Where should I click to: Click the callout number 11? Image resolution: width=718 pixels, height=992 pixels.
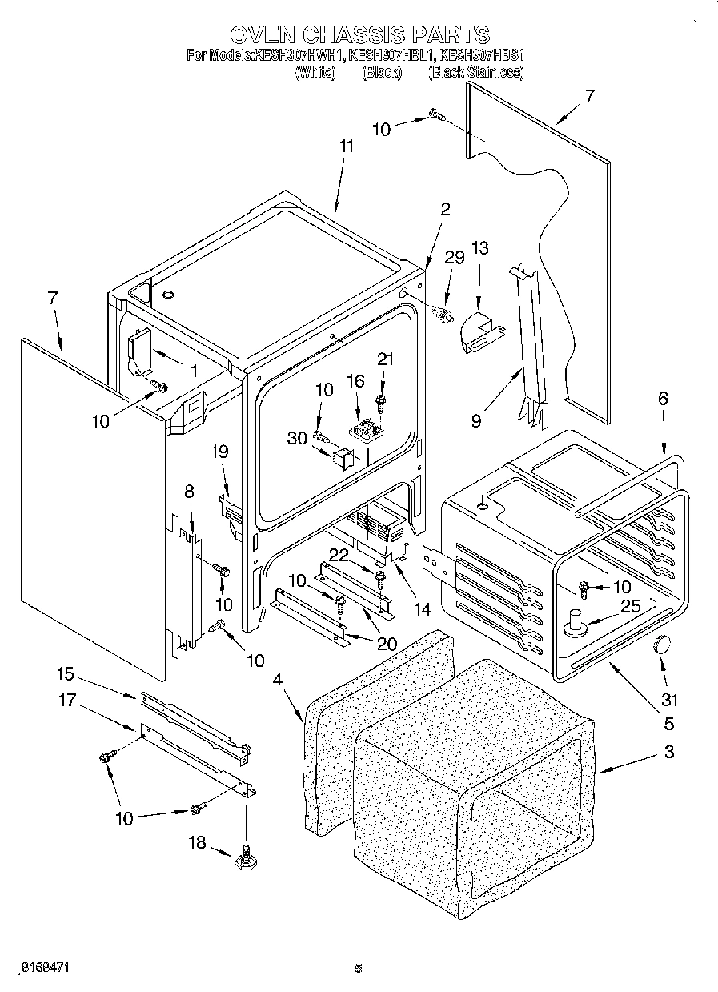(345, 147)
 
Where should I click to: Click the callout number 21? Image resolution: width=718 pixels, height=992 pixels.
(386, 360)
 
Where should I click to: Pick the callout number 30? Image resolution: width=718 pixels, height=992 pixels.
(298, 439)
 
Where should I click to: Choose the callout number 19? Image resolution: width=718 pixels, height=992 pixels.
(220, 452)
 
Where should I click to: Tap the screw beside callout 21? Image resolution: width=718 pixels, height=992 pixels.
(381, 396)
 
